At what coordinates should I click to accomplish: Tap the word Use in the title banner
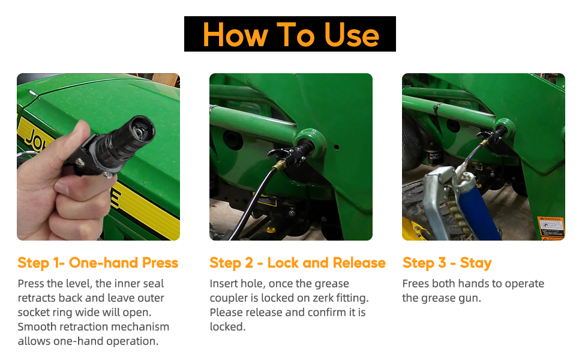(352, 34)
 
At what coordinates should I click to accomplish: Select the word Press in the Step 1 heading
(160, 263)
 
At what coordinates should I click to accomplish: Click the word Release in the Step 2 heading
(358, 263)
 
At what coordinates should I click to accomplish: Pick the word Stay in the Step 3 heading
(476, 263)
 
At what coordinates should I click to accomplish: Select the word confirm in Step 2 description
(317, 312)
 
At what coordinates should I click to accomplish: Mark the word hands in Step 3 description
(481, 283)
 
